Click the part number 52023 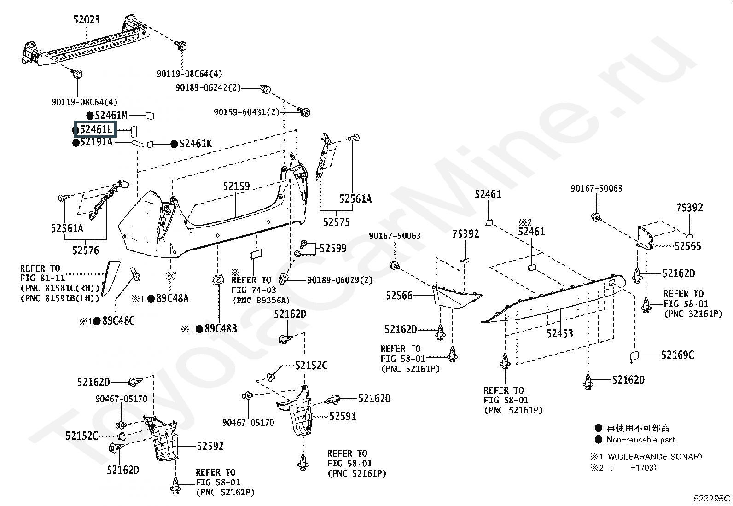tap(87, 20)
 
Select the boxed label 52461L tap(96, 129)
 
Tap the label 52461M tap(111, 115)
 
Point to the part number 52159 tap(236, 186)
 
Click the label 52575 tap(337, 222)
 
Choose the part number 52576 tap(85, 250)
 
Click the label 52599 tap(333, 249)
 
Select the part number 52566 tap(399, 296)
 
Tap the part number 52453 tap(559, 333)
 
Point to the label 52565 tap(688, 246)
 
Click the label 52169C tap(678, 355)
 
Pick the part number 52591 tap(343, 416)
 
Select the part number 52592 tap(210, 446)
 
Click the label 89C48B tap(221, 329)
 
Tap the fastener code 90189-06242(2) tap(208, 88)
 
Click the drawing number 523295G tap(712, 499)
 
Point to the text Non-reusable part tap(641, 440)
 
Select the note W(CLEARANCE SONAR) tap(655, 457)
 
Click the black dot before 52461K tap(174, 144)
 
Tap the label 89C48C tap(118, 321)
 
